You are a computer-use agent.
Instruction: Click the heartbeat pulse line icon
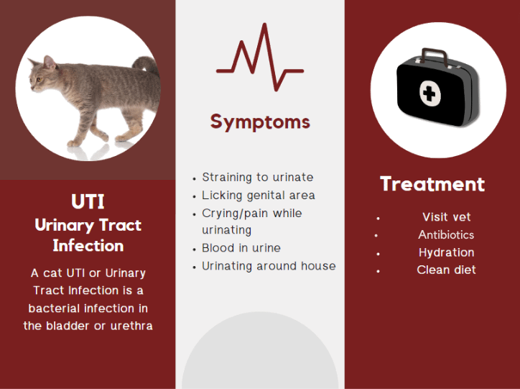260,59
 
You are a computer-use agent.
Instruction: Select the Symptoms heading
260,122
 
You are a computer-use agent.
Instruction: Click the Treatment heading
432,184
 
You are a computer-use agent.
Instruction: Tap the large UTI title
88,201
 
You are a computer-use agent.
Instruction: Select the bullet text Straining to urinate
258,177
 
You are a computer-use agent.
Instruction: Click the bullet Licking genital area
259,195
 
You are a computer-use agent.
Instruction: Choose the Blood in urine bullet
241,248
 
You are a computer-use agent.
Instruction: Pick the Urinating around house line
269,266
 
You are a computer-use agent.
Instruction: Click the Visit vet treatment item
446,217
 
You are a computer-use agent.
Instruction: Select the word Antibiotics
446,235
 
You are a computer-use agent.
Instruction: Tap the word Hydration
446,252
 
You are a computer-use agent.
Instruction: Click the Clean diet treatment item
446,270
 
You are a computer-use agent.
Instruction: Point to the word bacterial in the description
55,308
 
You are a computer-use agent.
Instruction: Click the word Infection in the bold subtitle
88,246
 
